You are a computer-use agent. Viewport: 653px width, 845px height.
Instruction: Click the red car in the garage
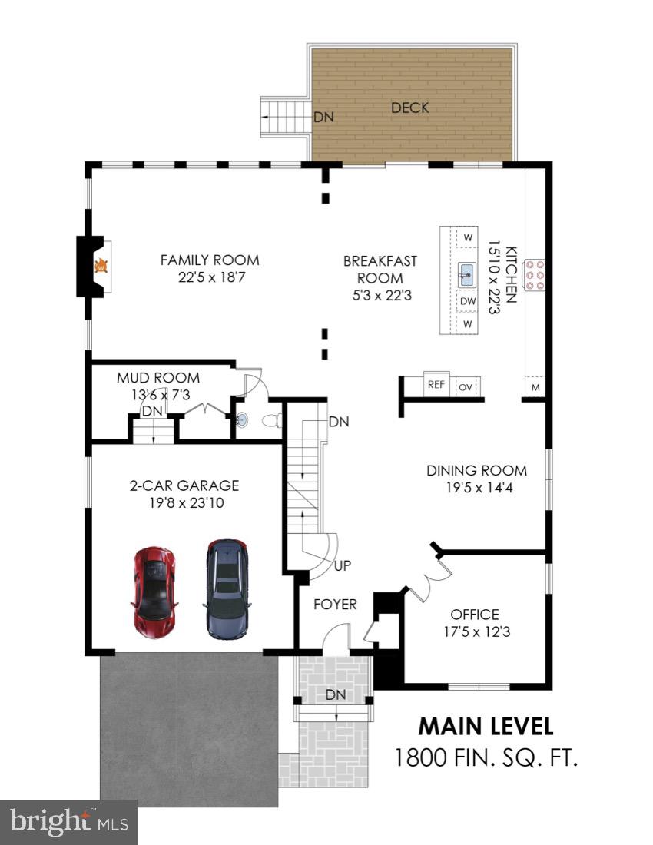pos(155,592)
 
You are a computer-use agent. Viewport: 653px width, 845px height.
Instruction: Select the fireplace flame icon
pos(100,266)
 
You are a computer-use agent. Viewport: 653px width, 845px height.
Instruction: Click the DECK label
pos(409,108)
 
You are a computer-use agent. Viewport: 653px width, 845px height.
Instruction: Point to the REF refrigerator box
pos(436,385)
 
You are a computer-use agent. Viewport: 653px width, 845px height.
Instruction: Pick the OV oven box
pos(466,386)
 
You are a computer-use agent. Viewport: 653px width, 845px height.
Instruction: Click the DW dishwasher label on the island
pos(468,301)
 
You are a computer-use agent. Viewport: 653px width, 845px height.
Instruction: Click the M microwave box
pos(535,387)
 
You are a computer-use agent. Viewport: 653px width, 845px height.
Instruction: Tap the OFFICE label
pos(474,615)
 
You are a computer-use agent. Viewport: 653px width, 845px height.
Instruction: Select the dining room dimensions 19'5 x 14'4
pos(476,488)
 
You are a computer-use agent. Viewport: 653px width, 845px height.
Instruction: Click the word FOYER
pos(335,605)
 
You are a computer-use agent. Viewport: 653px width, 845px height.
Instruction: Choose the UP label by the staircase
pos(343,565)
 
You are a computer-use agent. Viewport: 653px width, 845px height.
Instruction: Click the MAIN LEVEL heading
pos(485,726)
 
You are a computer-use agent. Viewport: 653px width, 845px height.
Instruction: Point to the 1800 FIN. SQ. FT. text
pos(485,758)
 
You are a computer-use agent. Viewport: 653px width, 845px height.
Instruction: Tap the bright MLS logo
pos(68,823)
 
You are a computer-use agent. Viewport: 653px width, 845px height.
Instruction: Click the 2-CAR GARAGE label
pos(184,485)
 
